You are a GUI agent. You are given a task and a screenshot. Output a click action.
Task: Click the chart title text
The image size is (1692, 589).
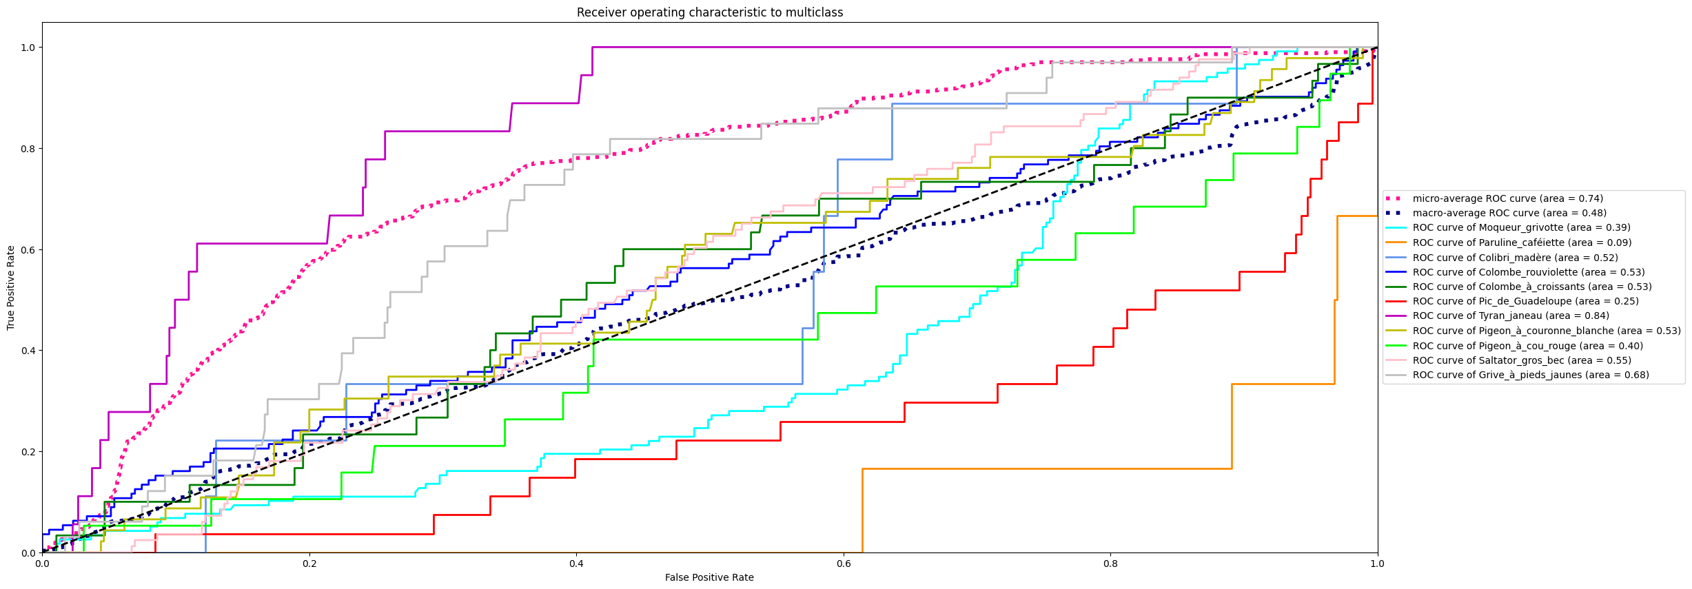pos(709,12)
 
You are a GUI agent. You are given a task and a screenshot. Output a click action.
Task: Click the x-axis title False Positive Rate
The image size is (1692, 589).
pos(709,577)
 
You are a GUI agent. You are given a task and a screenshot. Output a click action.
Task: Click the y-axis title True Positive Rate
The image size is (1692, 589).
pos(11,288)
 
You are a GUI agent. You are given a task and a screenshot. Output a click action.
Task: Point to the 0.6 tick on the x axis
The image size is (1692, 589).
pos(844,564)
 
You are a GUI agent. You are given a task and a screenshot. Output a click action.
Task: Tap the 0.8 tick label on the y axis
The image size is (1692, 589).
pos(28,149)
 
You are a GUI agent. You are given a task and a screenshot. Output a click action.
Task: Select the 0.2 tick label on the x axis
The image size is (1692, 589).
pos(309,564)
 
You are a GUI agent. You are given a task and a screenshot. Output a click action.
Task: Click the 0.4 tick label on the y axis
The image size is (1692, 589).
pos(28,351)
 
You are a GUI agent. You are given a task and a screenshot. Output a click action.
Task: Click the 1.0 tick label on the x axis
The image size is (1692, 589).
pos(1377,564)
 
